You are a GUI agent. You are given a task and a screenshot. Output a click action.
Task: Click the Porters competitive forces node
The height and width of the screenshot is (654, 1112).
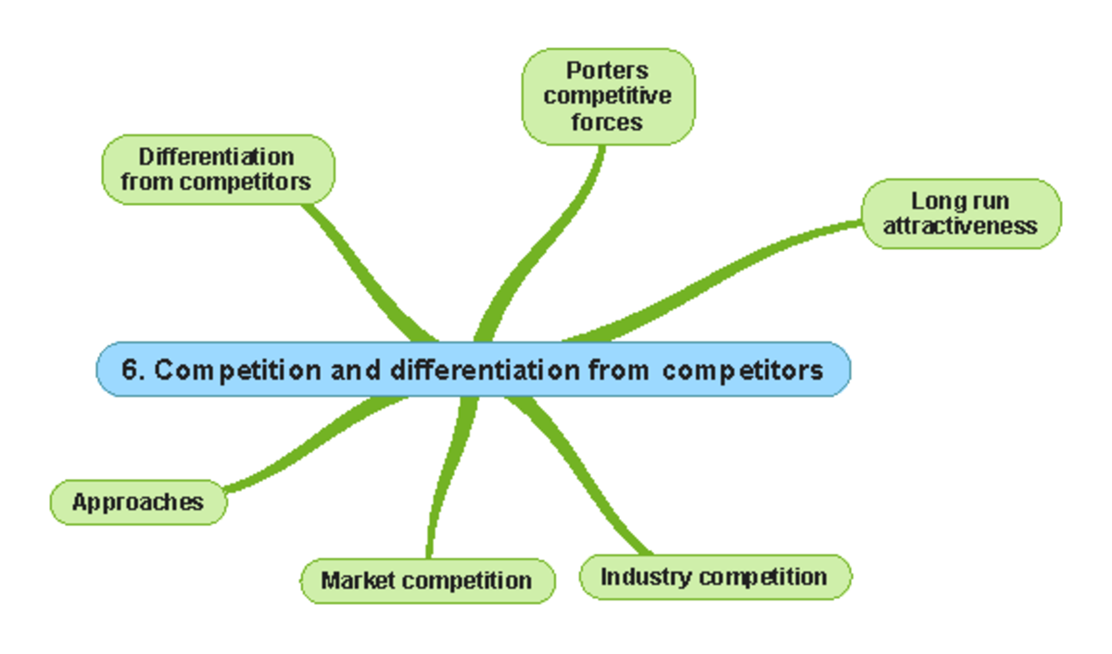tap(608, 96)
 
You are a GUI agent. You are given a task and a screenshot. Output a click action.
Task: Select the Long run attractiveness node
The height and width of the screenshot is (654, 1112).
tap(961, 214)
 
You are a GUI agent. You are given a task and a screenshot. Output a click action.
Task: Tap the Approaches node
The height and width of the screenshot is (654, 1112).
tap(137, 502)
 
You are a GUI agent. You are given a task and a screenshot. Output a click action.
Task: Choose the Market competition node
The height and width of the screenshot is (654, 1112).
tap(427, 581)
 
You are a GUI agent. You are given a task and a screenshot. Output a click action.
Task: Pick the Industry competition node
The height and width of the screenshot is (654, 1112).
tap(714, 577)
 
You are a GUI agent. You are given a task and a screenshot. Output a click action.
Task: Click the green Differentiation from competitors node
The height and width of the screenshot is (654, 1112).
tap(217, 170)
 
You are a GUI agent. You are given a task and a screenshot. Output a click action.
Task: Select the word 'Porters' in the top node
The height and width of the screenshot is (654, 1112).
tap(608, 70)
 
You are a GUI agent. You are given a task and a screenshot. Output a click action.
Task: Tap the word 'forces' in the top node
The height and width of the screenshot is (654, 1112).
tap(607, 121)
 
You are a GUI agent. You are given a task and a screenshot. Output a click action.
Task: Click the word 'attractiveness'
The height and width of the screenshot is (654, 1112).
tap(960, 226)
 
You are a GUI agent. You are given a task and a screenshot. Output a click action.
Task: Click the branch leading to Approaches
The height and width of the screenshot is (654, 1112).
tap(315, 445)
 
